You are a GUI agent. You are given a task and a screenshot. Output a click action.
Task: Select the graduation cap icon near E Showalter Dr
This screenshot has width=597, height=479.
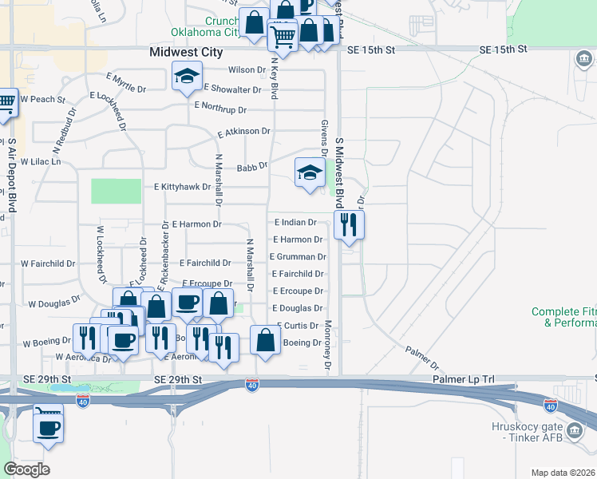coord(187,77)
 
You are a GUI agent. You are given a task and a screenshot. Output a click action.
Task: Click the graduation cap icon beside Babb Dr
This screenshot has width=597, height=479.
coord(309,172)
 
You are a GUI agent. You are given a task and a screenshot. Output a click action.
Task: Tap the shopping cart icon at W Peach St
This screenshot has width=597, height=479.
coord(6,103)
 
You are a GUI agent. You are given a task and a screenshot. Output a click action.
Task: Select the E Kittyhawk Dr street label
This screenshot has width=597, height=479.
coord(182,188)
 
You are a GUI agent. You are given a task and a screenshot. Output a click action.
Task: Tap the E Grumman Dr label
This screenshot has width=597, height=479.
coord(297,257)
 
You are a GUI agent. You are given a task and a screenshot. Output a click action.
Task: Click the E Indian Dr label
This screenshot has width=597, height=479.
coord(295,223)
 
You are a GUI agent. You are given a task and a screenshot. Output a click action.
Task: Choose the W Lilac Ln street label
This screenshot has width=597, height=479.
coord(40,161)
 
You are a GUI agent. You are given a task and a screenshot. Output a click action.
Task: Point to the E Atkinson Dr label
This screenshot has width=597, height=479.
coord(244,132)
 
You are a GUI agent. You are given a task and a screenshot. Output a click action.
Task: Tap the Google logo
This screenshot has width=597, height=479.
coord(26,469)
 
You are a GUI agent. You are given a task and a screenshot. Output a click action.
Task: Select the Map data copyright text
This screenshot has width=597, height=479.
coord(563,473)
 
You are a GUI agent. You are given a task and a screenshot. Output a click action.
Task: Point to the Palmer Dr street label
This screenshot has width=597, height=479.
coord(421,352)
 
